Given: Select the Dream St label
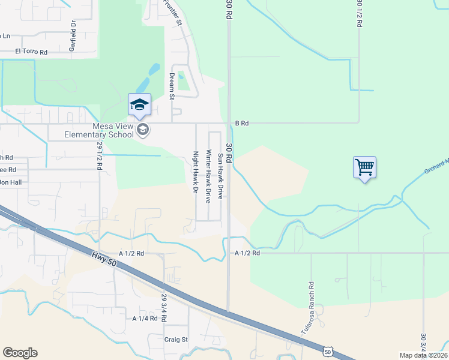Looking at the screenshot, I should coord(172,85).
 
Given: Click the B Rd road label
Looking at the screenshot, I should coord(241,123).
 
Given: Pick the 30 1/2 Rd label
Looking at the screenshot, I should coord(359,13).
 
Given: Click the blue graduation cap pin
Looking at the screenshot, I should coord(139,105).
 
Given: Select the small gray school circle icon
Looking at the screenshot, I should coord(143,130).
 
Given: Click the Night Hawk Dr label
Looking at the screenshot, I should coord(195,172).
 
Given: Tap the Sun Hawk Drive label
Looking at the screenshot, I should coord(220,176).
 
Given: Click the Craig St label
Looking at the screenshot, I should coord(176,339).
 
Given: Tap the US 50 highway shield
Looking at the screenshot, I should coord(327,350).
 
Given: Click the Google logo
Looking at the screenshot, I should coord(20,353).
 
